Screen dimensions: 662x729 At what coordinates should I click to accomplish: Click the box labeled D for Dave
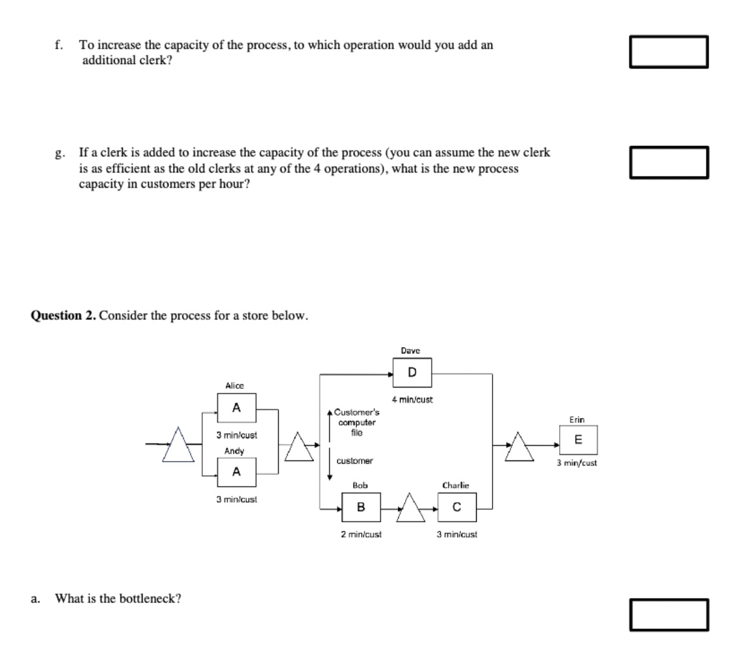point(412,373)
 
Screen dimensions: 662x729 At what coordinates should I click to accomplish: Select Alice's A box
point(236,408)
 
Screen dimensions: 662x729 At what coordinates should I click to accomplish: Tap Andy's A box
point(236,472)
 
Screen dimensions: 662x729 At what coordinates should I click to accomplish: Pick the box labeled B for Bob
point(361,507)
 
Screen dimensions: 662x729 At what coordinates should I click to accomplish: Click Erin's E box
point(577,439)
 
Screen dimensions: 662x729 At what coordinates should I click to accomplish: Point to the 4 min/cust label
point(412,400)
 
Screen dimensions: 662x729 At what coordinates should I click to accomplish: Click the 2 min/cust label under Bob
point(361,534)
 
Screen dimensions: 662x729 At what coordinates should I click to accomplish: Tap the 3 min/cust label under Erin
point(577,463)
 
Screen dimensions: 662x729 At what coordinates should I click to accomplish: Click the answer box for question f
point(669,52)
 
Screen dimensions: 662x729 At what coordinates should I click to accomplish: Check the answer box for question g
point(669,162)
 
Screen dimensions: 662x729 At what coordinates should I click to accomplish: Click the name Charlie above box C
point(456,485)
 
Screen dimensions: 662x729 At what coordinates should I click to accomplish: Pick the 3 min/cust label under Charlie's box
point(456,534)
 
